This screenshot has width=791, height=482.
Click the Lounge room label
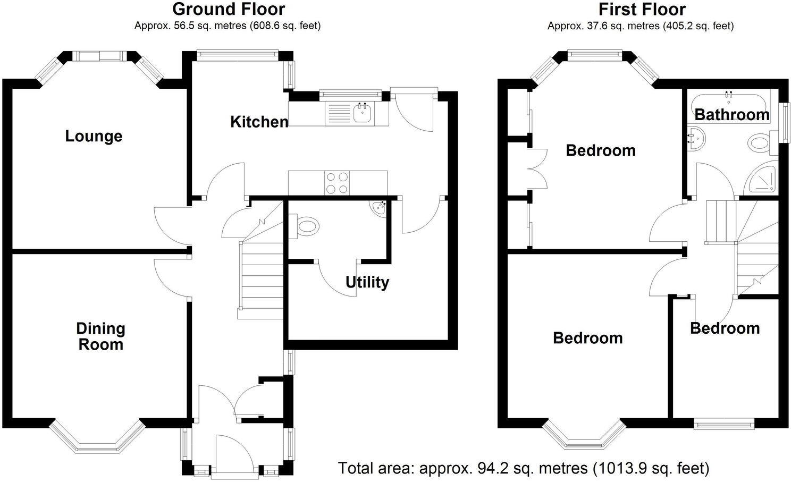coord(94,136)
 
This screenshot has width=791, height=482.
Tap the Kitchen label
coord(259,122)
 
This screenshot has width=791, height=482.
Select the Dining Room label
coord(100,336)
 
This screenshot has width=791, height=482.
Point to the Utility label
coord(367,282)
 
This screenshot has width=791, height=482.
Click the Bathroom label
coord(731,114)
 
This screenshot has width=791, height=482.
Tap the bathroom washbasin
coord(695,139)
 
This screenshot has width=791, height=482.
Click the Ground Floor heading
coord(228,9)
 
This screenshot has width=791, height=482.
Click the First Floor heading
coord(642,9)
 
